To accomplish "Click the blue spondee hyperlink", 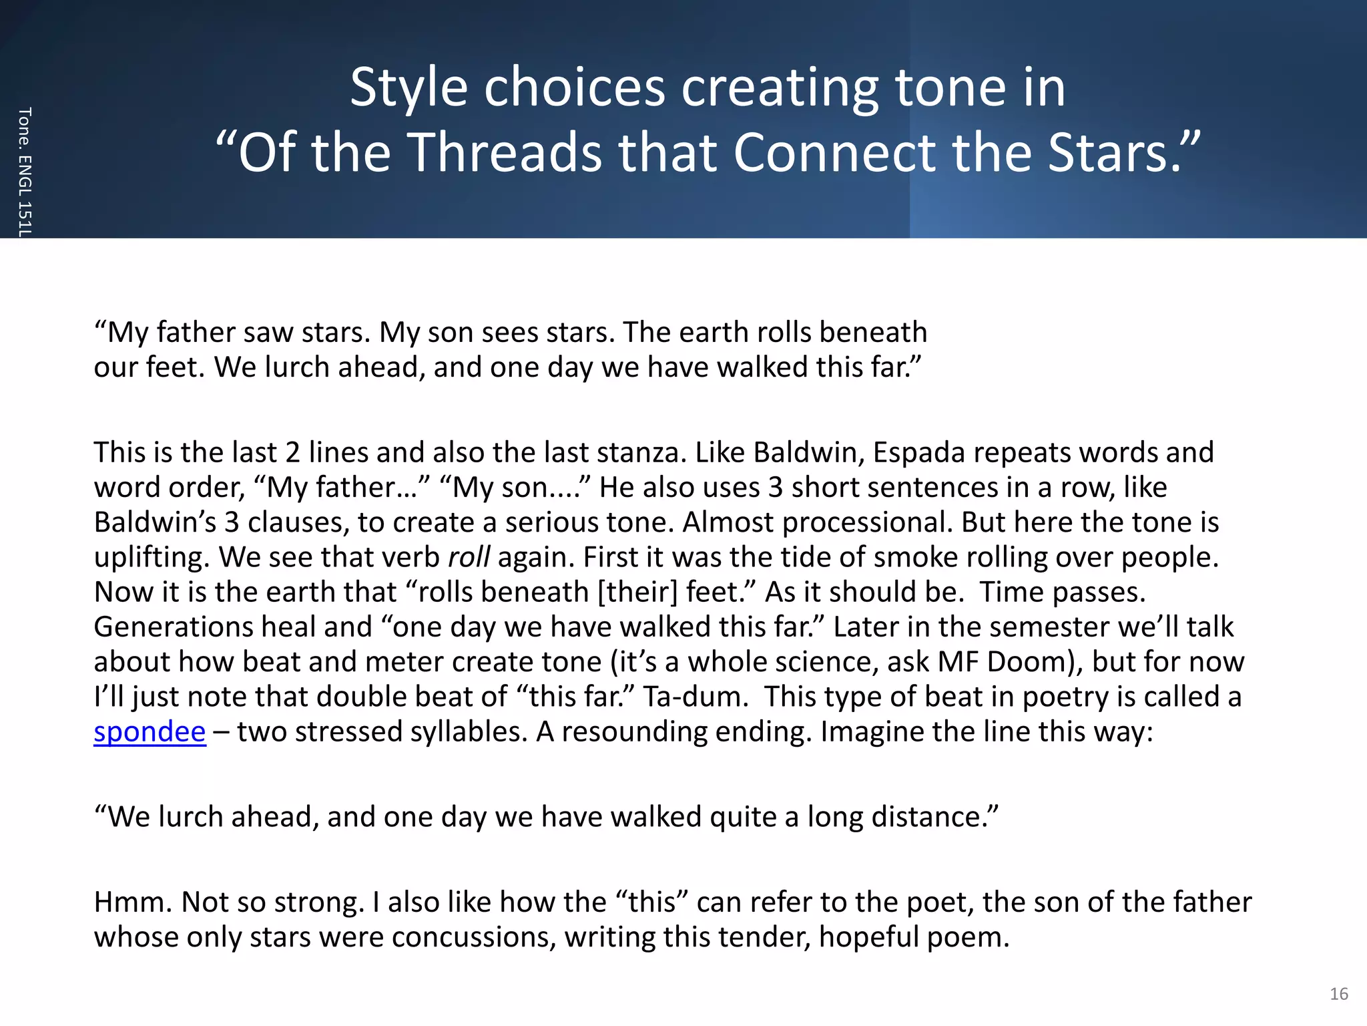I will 150,731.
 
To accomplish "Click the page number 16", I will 1339,994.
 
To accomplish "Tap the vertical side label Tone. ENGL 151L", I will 25,172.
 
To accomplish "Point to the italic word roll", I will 469,557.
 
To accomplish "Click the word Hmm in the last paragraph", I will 133,902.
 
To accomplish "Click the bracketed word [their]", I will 637,592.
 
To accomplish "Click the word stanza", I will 641,452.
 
